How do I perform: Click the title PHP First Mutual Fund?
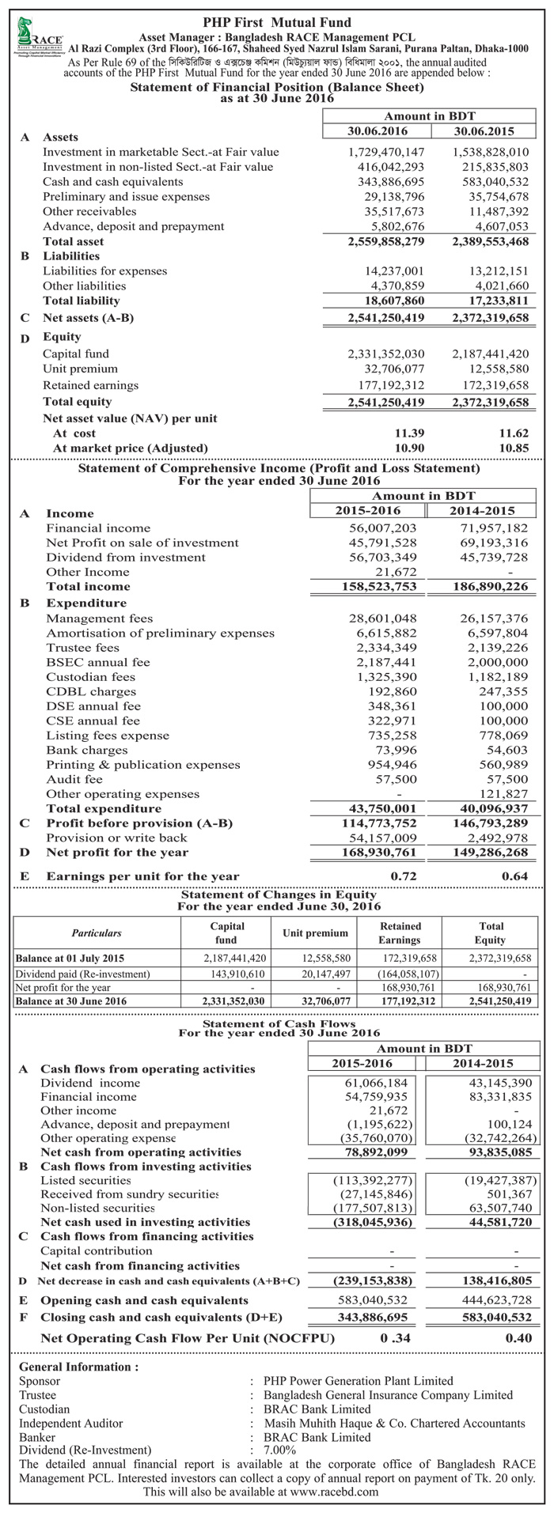click(277, 22)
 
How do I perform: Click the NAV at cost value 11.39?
click(411, 433)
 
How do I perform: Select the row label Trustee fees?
click(82, 648)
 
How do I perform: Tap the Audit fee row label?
click(74, 778)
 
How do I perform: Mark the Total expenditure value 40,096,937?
click(491, 808)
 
